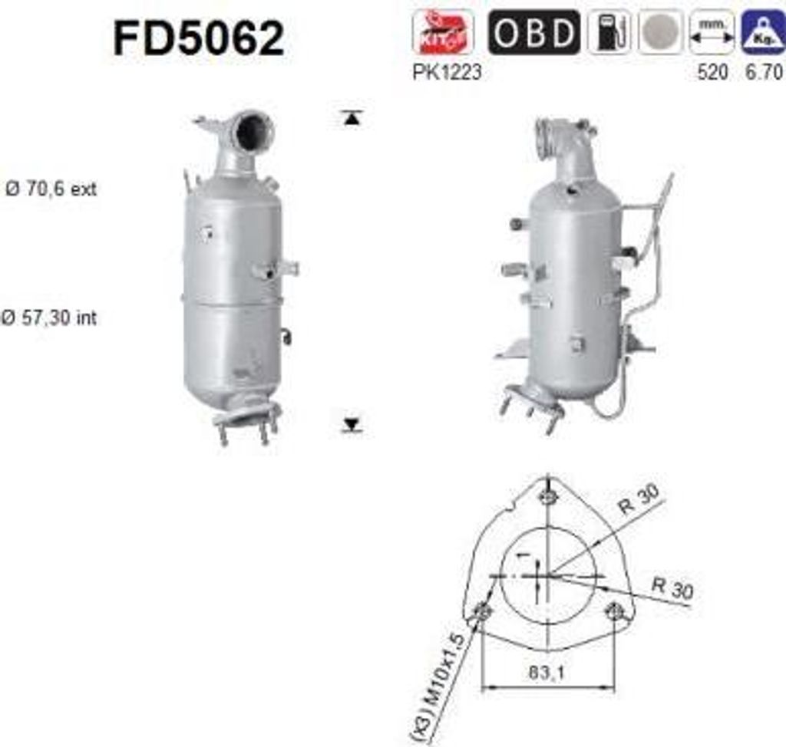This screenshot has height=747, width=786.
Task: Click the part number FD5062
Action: point(199,38)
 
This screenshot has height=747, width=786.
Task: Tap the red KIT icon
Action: point(444,32)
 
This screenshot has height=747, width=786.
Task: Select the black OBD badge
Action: point(533,32)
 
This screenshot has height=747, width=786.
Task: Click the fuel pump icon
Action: point(609,32)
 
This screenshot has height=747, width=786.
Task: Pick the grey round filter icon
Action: point(659,32)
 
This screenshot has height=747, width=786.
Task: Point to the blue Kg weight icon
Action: point(762,32)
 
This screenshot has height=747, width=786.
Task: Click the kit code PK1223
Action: point(447,73)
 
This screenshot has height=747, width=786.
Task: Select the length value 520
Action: point(712,73)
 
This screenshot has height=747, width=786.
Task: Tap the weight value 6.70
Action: point(762,73)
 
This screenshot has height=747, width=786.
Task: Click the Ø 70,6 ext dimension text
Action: point(51,189)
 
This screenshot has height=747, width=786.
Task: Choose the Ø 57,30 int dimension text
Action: point(51,317)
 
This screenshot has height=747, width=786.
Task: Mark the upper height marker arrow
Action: point(352,117)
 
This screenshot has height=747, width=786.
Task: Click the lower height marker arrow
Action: point(352,424)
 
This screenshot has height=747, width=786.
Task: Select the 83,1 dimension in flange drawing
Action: point(547,675)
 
